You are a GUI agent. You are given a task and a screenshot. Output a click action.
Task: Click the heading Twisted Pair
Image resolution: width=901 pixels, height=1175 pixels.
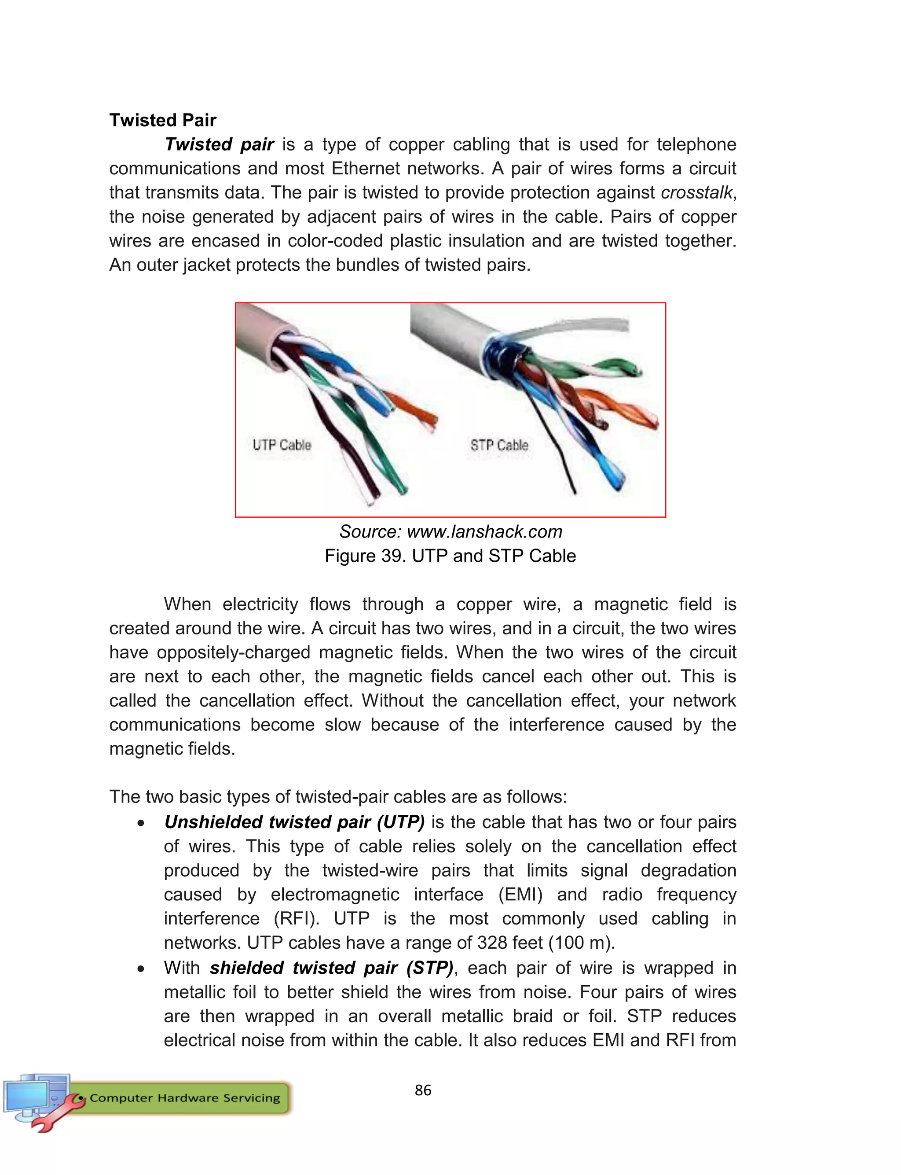162,120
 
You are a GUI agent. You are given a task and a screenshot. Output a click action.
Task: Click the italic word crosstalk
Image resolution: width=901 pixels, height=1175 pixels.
696,193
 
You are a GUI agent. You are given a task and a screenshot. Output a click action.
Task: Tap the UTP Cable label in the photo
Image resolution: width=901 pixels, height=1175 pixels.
282,445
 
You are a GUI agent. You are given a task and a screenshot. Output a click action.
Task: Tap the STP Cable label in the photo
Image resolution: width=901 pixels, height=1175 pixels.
499,445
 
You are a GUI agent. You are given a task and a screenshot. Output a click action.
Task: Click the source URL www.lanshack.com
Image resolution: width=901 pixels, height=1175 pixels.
484,532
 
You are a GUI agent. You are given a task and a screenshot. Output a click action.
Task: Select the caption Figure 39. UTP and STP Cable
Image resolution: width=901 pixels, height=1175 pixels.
450,556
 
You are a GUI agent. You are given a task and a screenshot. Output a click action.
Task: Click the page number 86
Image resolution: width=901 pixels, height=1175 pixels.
423,1090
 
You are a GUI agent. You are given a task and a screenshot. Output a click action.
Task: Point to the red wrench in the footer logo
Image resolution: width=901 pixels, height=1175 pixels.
54,1116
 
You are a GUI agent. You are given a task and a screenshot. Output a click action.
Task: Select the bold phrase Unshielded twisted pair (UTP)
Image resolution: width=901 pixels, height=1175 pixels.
294,822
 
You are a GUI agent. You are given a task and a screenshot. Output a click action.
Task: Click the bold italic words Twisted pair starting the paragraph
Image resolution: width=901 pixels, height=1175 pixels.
220,144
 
